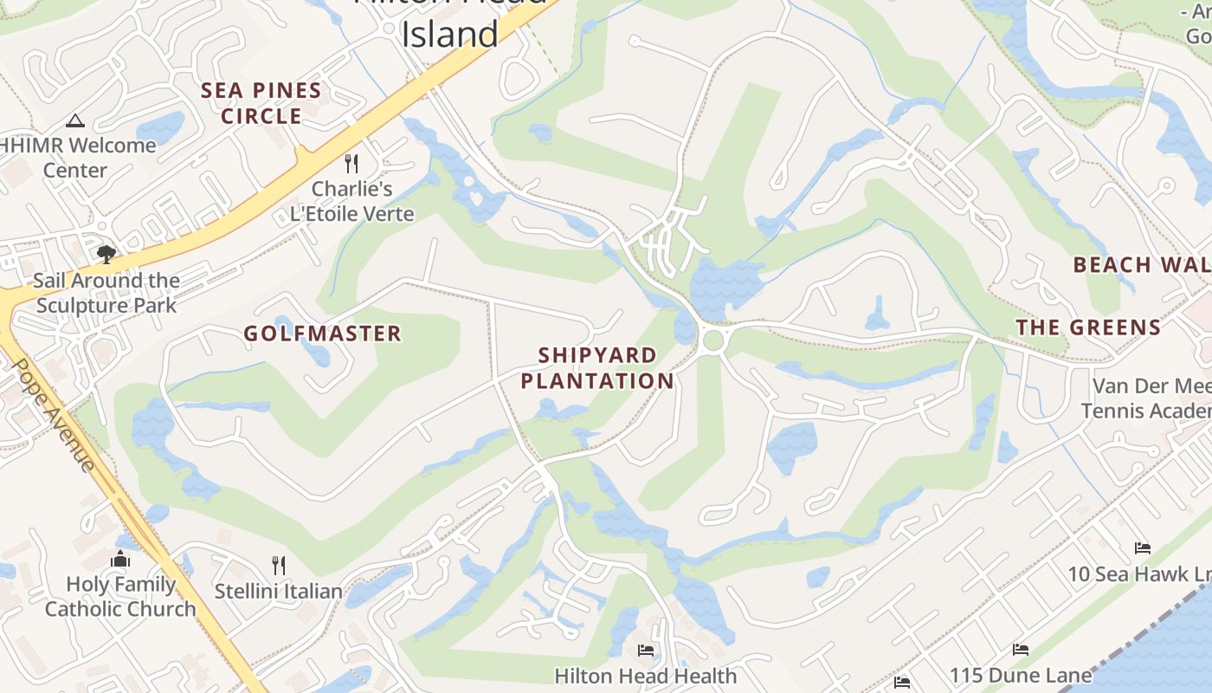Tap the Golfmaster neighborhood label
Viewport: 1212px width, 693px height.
click(322, 334)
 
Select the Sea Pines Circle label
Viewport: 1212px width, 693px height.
click(261, 103)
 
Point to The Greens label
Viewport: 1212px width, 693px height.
click(1088, 327)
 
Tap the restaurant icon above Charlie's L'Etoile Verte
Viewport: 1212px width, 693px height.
click(351, 163)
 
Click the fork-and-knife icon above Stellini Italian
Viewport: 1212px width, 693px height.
click(279, 566)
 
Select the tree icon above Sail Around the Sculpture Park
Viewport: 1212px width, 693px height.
click(106, 254)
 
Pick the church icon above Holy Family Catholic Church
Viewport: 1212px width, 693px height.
click(120, 559)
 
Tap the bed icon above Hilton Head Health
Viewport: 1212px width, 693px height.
click(645, 650)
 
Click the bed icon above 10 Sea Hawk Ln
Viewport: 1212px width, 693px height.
click(1143, 548)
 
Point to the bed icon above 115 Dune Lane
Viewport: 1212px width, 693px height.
click(1021, 650)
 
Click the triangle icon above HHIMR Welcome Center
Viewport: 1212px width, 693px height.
click(75, 120)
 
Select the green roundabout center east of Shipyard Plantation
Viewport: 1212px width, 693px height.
click(713, 340)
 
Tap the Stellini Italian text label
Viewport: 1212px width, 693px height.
click(279, 592)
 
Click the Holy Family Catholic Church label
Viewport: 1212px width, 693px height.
click(120, 597)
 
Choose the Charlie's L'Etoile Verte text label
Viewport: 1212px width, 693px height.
click(351, 201)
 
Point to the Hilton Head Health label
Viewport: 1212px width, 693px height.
click(645, 676)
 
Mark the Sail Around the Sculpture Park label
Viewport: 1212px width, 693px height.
click(106, 293)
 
